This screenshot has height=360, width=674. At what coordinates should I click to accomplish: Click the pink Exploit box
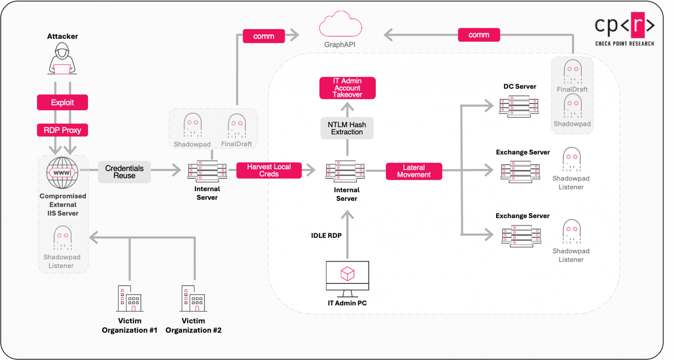pyautogui.click(x=62, y=102)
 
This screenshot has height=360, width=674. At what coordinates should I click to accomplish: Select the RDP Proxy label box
pyautogui.click(x=62, y=130)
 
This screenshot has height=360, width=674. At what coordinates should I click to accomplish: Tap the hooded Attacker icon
pyautogui.click(x=62, y=59)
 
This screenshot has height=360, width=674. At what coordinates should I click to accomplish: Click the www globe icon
pyautogui.click(x=62, y=173)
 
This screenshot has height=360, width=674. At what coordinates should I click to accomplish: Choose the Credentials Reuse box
pyautogui.click(x=124, y=172)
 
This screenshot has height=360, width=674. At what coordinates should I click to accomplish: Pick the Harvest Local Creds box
pyautogui.click(x=269, y=170)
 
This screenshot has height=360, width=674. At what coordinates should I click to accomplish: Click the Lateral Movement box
pyautogui.click(x=414, y=171)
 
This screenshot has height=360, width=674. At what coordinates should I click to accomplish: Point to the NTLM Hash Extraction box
pyautogui.click(x=347, y=128)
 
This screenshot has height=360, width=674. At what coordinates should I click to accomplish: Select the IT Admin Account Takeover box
pyautogui.click(x=347, y=88)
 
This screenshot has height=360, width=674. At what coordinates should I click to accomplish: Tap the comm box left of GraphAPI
pyautogui.click(x=264, y=36)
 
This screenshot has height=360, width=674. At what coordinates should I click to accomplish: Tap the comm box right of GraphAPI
pyautogui.click(x=479, y=35)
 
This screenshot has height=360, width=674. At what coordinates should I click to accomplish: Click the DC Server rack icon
pyautogui.click(x=519, y=106)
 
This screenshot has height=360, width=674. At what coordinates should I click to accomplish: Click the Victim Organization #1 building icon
pyautogui.click(x=129, y=299)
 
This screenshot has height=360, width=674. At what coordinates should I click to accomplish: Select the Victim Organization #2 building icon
pyautogui.click(x=193, y=299)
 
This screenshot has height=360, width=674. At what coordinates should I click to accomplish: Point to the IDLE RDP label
pyautogui.click(x=326, y=235)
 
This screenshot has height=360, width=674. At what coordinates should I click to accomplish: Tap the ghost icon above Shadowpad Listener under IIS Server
pyautogui.click(x=62, y=238)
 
